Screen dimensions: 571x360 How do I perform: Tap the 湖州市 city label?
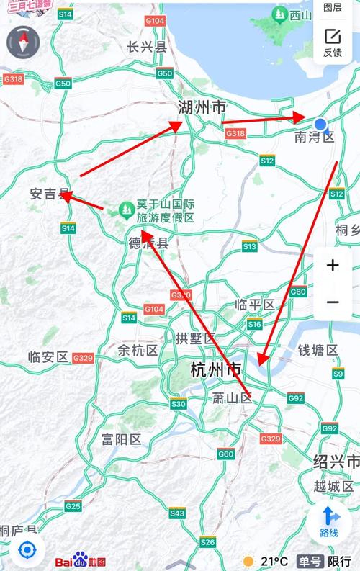(202, 108)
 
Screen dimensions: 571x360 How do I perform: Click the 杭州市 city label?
(216, 371)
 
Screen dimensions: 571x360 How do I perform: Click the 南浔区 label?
(315, 137)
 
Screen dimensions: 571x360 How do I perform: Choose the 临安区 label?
(48, 356)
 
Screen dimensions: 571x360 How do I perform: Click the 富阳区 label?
(121, 439)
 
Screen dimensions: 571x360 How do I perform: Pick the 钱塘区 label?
(318, 350)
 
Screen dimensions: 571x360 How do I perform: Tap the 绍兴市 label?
(336, 461)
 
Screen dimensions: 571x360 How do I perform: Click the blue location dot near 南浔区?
(321, 125)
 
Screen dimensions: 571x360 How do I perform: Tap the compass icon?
(22, 42)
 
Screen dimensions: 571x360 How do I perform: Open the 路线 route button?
(329, 521)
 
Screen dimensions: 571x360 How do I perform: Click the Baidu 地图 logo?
(81, 561)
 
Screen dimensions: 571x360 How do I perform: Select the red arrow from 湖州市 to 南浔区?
(264, 120)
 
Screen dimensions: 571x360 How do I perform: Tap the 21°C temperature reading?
(274, 561)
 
